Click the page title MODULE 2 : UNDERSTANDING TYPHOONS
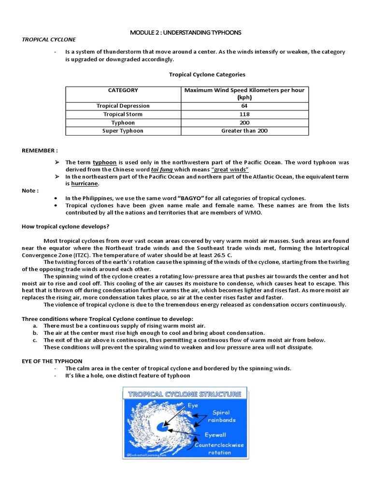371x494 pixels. click(185, 32)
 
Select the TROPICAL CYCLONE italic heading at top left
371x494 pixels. click(49, 39)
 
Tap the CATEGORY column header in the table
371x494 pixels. click(123, 90)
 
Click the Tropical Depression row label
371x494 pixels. click(123, 106)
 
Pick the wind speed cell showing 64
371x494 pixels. click(244, 106)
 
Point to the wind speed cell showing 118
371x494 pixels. click(244, 114)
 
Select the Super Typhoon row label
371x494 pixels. click(123, 131)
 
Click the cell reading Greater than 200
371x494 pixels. click(244, 131)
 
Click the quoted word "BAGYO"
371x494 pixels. click(192, 198)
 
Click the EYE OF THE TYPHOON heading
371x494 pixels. click(52, 361)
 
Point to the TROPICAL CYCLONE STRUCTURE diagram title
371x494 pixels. click(185, 394)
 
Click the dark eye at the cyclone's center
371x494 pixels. click(166, 427)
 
